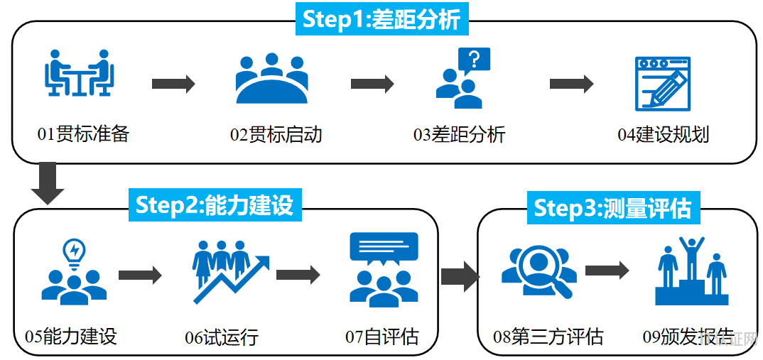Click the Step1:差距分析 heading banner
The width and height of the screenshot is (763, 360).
381,18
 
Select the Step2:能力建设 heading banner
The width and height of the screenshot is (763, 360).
215,204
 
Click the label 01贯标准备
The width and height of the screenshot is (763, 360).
83,133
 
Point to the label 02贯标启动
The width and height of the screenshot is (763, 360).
276,134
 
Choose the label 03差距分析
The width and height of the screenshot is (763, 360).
460,134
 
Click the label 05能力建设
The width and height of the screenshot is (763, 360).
70,336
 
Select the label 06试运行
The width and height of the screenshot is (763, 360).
222,337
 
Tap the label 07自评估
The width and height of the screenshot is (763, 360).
382,336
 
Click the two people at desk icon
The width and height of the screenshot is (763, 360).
79,73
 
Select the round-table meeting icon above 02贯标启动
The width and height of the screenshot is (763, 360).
271,78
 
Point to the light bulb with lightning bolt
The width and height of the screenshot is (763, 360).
74,251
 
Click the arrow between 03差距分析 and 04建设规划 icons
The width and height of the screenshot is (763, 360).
571,84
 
